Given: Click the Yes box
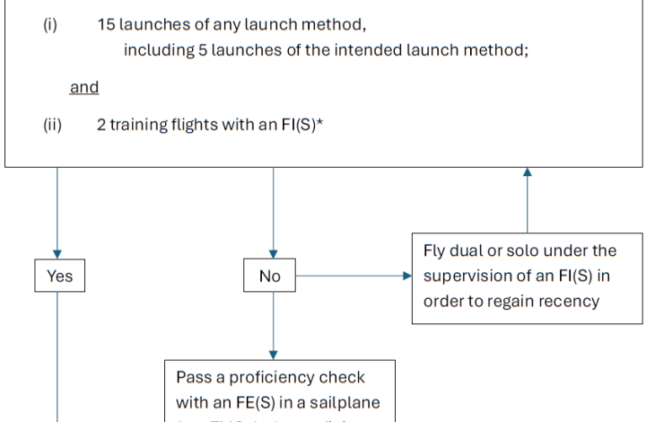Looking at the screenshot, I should (x=57, y=277).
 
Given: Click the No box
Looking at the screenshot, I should (x=270, y=277).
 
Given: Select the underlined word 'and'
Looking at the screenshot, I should (x=84, y=87).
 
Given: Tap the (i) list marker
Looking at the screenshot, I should (x=50, y=24).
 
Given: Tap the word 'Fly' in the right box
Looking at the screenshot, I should (x=435, y=250).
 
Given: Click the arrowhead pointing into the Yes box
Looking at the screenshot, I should (x=57, y=255).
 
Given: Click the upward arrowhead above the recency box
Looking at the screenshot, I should (x=527, y=173).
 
